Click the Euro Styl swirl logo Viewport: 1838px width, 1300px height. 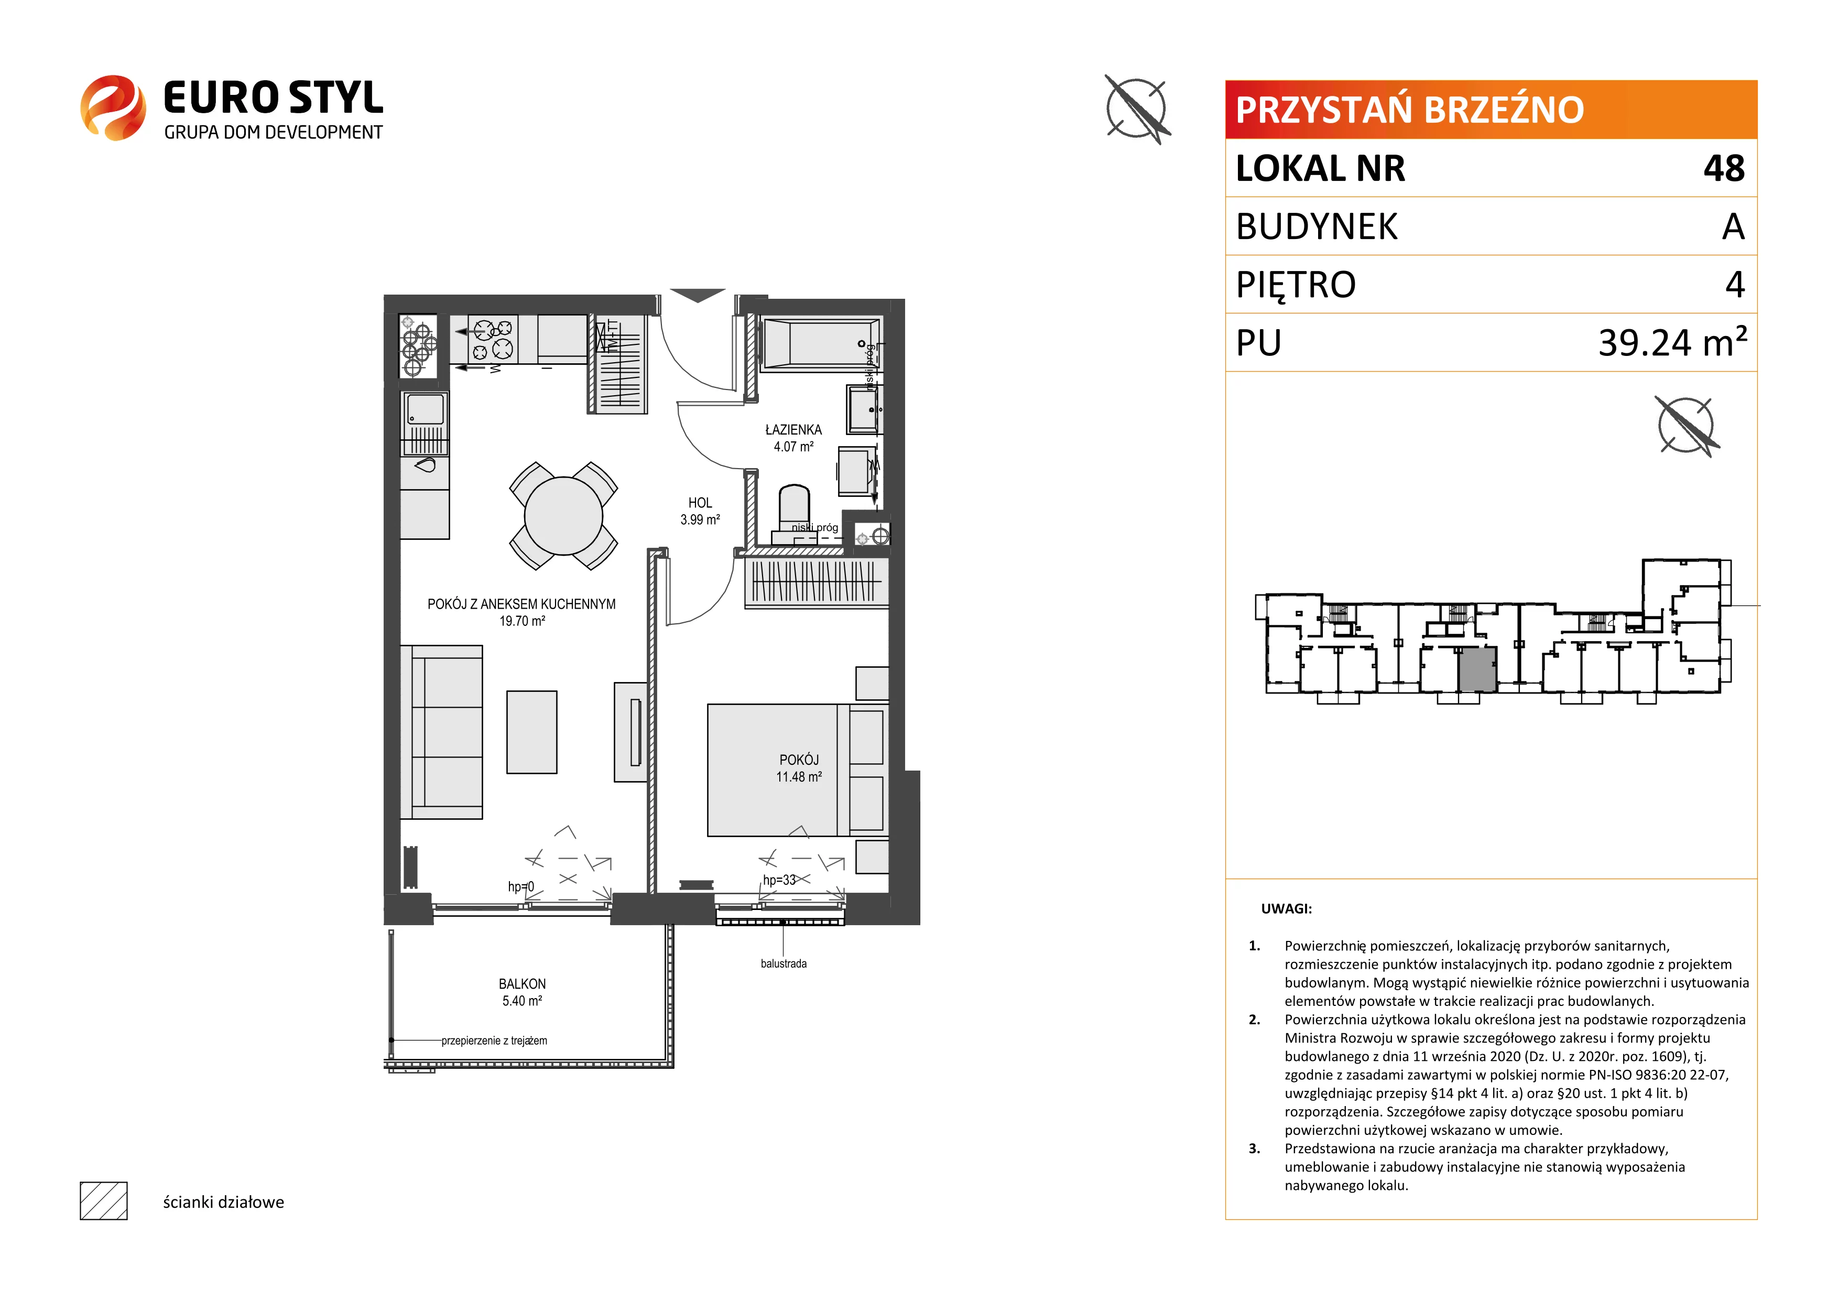(x=113, y=108)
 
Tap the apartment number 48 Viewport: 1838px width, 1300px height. (x=1724, y=168)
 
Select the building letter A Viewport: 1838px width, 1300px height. (x=1733, y=226)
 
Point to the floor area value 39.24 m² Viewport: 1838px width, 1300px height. (x=1672, y=342)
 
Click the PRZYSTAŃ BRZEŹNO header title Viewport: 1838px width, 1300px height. (x=1410, y=110)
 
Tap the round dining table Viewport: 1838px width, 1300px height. (x=563, y=515)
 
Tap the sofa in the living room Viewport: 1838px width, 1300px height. (x=441, y=732)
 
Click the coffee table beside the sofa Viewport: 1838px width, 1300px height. (x=531, y=732)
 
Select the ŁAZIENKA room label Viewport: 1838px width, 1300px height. (x=793, y=430)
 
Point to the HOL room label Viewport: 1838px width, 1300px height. (x=700, y=503)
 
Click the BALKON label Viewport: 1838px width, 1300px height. (x=522, y=984)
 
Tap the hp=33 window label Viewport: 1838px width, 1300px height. (x=779, y=880)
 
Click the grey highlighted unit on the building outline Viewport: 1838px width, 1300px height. (x=1477, y=669)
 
